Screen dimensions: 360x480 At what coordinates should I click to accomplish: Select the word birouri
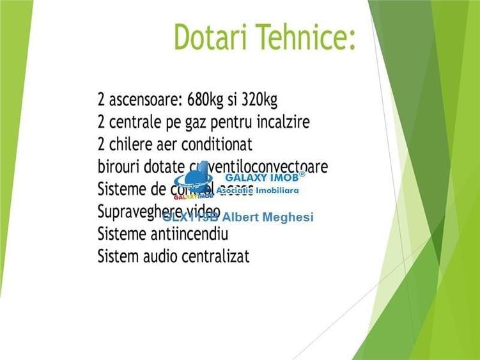tap(119, 167)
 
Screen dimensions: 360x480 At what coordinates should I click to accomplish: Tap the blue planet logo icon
tap(194, 180)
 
